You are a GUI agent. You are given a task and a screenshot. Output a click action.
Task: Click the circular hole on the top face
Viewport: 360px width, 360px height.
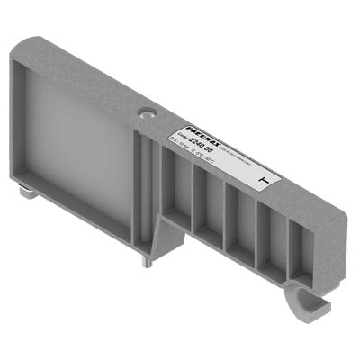pyautogui.click(x=147, y=114)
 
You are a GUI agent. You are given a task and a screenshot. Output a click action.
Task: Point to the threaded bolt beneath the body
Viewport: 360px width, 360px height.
pyautogui.click(x=145, y=259)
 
